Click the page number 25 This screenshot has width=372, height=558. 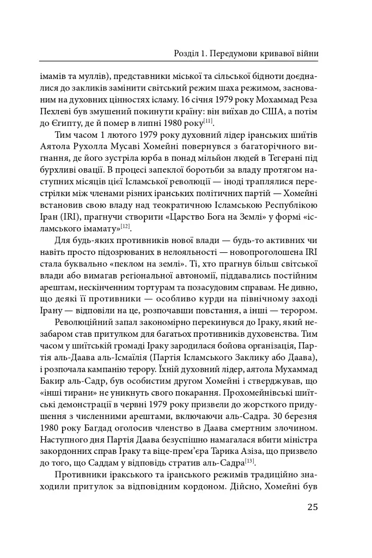coord(312,507)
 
